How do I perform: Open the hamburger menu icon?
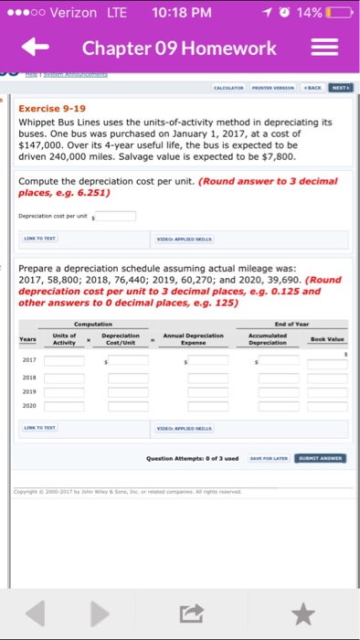[x=329, y=48]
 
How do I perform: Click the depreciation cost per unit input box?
[x=117, y=217]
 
